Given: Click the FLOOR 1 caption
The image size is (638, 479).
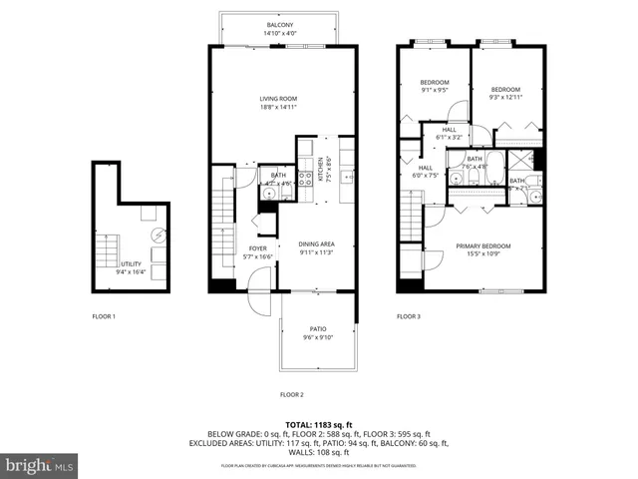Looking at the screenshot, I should point(103,316).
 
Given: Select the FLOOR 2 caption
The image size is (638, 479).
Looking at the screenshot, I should point(291,394).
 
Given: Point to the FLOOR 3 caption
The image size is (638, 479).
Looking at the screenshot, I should point(409,316).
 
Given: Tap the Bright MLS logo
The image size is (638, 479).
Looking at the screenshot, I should point(40,465).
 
